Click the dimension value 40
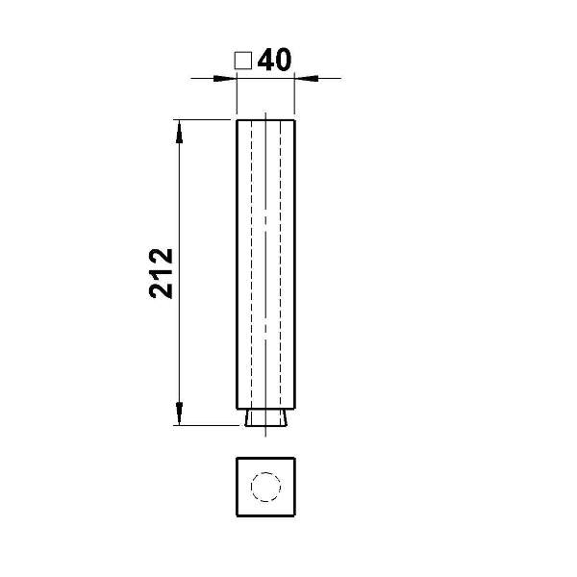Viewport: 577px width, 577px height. point(274,60)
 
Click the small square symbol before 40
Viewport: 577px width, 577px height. point(243,61)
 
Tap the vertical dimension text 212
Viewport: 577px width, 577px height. point(162,273)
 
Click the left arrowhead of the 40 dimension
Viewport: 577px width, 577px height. point(225,79)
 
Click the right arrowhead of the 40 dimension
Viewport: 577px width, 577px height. point(306,79)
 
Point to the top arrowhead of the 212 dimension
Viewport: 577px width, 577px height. point(179,132)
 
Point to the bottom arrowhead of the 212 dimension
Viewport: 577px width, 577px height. point(179,414)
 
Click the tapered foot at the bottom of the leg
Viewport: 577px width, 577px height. point(266,417)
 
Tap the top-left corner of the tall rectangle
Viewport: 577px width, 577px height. point(237,120)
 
